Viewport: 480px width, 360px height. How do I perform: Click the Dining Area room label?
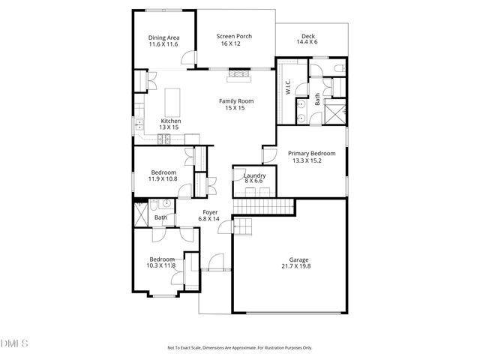point(163,37)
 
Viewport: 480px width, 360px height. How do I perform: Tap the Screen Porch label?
point(234,36)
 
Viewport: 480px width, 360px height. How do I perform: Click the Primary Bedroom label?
point(311,153)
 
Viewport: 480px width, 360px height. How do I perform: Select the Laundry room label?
point(254,175)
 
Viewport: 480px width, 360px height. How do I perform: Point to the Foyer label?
point(209,213)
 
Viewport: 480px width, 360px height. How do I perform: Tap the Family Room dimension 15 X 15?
point(236,108)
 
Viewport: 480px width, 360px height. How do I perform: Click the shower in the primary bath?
point(335,114)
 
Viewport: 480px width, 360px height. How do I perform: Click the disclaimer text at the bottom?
point(239,348)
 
